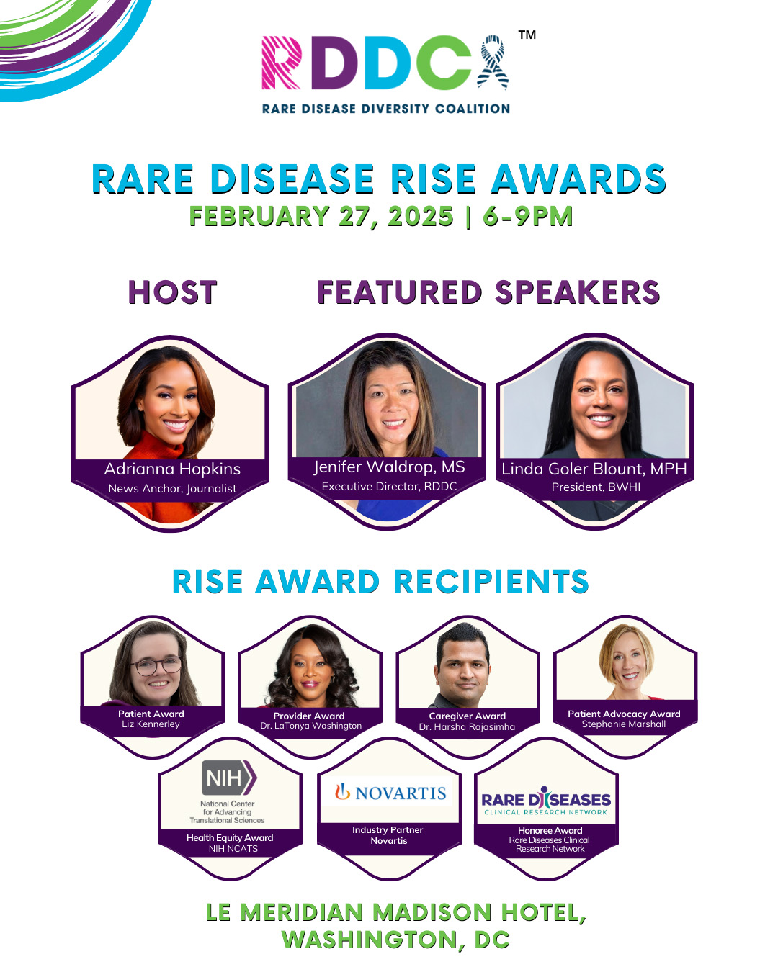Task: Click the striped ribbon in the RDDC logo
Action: [493, 62]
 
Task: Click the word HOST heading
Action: [172, 292]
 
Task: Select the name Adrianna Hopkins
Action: [172, 469]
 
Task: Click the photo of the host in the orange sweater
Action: [170, 433]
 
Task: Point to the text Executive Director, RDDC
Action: [389, 486]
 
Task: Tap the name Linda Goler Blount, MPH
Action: [594, 469]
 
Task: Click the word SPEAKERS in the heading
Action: [577, 292]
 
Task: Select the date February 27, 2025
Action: [321, 216]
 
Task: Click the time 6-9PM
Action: [527, 216]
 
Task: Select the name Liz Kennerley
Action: [151, 724]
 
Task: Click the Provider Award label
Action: [309, 716]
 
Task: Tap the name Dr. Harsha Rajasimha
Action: [467, 726]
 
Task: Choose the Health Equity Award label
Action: [230, 837]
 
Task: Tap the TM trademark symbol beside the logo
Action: [527, 35]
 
